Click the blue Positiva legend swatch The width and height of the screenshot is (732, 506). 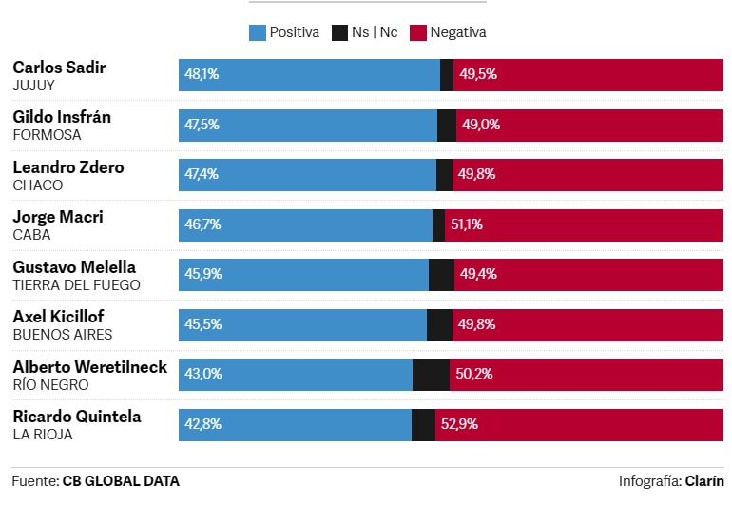[x=257, y=32]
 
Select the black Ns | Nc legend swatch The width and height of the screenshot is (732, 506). [x=339, y=32]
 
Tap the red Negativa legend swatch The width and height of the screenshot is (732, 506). [x=417, y=32]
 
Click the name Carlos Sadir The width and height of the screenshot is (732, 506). [x=59, y=68]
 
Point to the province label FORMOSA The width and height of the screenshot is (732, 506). [x=47, y=135]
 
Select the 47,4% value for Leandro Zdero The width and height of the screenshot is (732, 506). [x=202, y=174]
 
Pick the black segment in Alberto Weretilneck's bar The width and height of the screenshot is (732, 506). [x=431, y=374]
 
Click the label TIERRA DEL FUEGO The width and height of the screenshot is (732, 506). [x=76, y=284]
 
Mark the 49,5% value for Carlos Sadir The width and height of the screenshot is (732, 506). [x=478, y=74]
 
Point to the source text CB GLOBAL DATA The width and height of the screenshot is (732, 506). [x=121, y=481]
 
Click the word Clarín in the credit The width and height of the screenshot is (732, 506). [x=703, y=481]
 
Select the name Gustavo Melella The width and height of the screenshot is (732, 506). [x=74, y=267]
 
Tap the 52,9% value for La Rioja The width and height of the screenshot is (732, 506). [x=460, y=424]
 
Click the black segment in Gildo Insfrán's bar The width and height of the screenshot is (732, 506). [x=447, y=125]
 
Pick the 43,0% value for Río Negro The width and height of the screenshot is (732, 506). [x=202, y=374]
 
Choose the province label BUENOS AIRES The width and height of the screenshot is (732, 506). [x=63, y=335]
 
